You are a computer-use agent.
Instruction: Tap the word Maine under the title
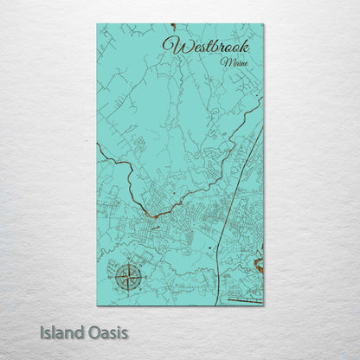coord(232,62)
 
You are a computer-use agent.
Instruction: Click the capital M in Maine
coord(223,62)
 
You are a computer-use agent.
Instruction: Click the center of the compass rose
coord(129,278)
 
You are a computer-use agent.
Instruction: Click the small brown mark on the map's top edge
coord(173,26)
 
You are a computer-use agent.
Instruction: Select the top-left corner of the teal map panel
coord(97,24)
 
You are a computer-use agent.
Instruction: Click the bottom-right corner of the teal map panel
coord(264,305)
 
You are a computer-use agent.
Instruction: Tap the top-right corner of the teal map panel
coord(264,24)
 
